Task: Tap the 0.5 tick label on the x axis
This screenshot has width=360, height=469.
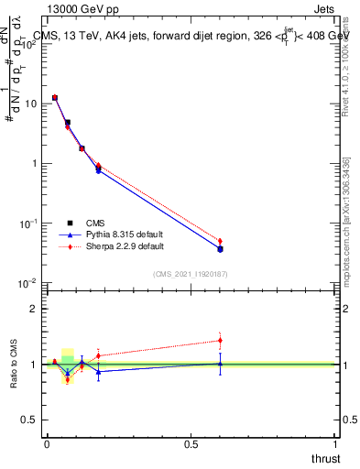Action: [191, 444]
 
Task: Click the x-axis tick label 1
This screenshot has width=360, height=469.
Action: [335, 444]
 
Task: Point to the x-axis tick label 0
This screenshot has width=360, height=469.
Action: [47, 444]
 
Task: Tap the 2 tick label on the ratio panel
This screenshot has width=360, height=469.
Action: [35, 309]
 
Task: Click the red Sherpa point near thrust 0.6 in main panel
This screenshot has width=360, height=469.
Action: [220, 241]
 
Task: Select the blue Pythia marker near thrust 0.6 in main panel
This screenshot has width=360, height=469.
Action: [220, 248]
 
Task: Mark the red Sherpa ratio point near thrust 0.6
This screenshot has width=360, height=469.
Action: [220, 341]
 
